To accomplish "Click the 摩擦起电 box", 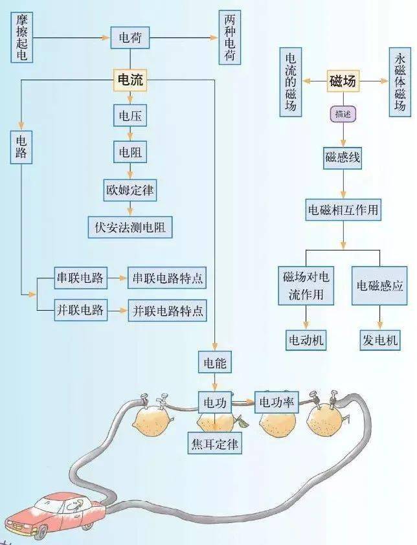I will pyautogui.click(x=21, y=38).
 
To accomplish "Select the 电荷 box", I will pyautogui.click(x=130, y=38).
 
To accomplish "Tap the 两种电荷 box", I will pyautogui.click(x=231, y=38).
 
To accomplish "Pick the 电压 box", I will pyautogui.click(x=130, y=117).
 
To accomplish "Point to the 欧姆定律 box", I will pyautogui.click(x=130, y=190).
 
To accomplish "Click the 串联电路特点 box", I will pyautogui.click(x=167, y=278).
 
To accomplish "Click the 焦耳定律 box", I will pyautogui.click(x=214, y=444).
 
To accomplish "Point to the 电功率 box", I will pyautogui.click(x=276, y=403).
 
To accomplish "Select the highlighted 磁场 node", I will pyautogui.click(x=343, y=82).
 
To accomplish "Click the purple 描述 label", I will pyautogui.click(x=343, y=114).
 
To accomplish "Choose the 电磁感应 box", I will pyautogui.click(x=379, y=284).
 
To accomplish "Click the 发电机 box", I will pyautogui.click(x=379, y=339).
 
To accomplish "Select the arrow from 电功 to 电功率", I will pyautogui.click(x=243, y=403).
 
